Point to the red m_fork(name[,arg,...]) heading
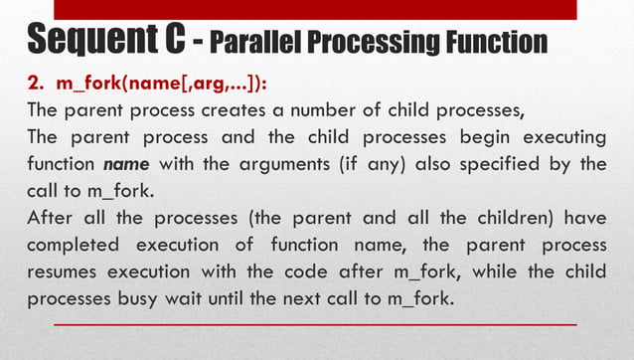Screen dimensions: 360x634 click(159, 83)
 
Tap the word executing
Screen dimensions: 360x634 click(558, 136)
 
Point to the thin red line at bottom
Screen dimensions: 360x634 click(313, 324)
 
